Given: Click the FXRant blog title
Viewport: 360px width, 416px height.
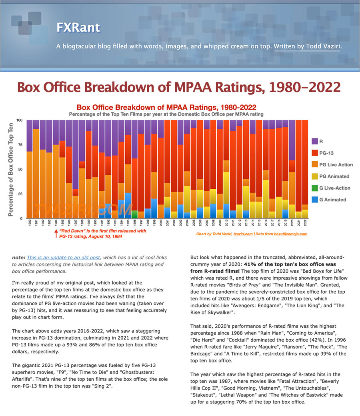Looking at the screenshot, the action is (78, 27).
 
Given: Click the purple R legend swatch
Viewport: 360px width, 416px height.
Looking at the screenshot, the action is (315, 141).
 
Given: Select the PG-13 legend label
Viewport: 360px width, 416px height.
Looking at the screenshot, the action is (326, 153).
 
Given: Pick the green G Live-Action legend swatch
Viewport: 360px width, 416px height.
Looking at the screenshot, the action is (315, 188).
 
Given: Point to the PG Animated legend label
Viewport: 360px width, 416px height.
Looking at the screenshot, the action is (334, 176).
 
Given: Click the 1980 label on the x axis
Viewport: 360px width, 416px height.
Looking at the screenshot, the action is (30, 222).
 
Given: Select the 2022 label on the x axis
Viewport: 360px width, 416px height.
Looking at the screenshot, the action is (305, 222).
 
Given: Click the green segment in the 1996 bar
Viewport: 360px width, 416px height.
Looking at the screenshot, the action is (135, 214).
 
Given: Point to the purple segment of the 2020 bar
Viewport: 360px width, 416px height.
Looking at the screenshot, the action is (292, 140).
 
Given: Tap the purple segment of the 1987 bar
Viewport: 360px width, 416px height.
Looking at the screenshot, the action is (76, 154).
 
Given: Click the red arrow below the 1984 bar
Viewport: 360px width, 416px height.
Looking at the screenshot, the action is (56, 234).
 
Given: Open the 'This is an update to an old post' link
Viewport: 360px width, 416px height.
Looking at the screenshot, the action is (64, 258).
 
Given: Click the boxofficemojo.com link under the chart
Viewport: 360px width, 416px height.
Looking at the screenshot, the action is (291, 234).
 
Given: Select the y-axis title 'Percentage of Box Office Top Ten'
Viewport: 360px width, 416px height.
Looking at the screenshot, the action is (11, 170).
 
